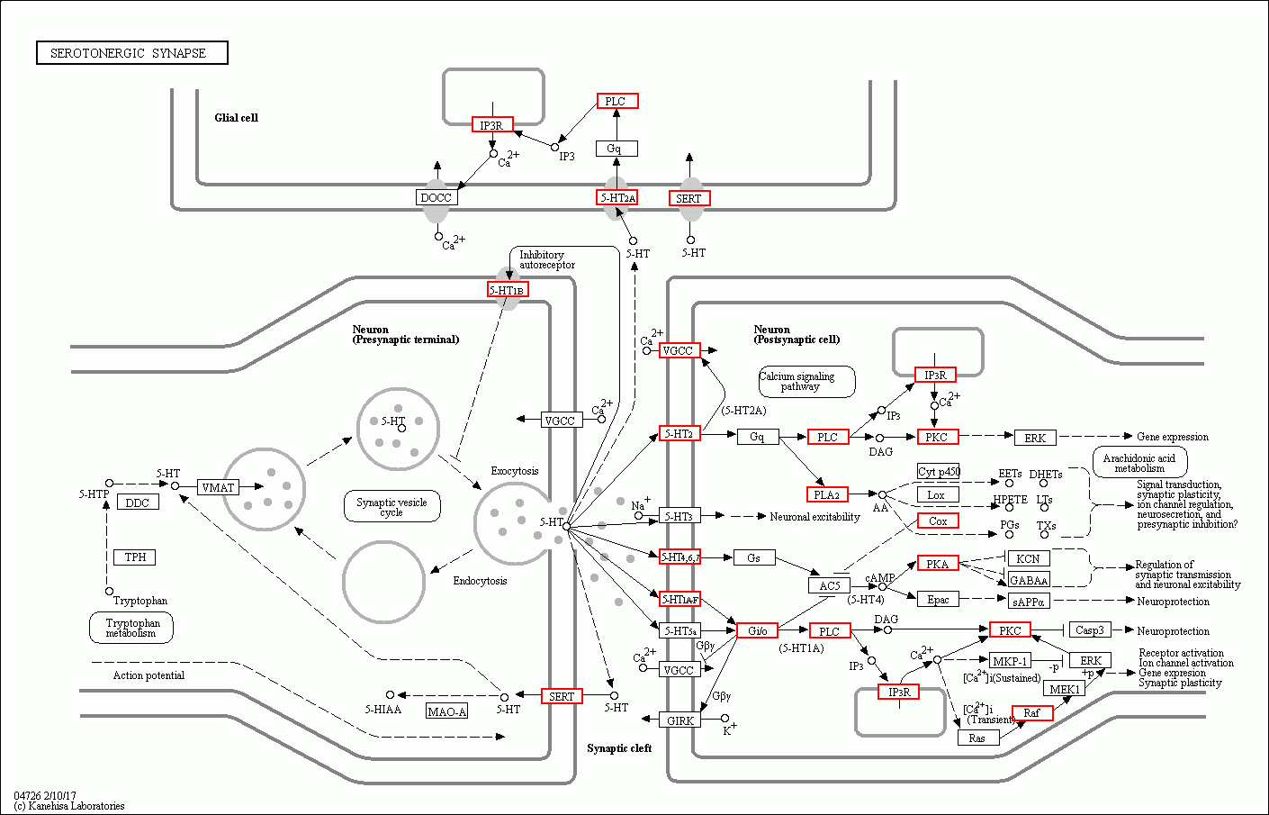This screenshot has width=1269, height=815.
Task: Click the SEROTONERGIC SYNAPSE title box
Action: coord(131,53)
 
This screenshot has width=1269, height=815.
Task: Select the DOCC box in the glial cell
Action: coord(436,198)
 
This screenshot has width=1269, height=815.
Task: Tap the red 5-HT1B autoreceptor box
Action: coord(508,290)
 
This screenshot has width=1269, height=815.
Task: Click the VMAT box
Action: coord(218,487)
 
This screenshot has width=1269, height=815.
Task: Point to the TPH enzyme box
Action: coord(135,557)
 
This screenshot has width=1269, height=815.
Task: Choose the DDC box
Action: coord(138,503)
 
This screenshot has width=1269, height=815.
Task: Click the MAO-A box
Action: coord(447,711)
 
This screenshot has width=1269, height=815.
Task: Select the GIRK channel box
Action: coord(680,720)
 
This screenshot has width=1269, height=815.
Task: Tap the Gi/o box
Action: coord(757,630)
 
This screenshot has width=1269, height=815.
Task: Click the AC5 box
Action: coord(829,585)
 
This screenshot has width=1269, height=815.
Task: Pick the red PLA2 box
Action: coord(826,494)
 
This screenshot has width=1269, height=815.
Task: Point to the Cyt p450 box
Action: coord(939,471)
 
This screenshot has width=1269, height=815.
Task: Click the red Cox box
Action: coord(938,521)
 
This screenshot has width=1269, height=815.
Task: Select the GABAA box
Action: coord(1028,581)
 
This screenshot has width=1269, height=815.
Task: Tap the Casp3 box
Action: coord(1089,630)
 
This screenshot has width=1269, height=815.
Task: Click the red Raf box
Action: coord(1031,712)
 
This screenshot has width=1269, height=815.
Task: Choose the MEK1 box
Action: coord(1065,689)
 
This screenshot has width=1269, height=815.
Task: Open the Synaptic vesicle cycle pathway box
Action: coord(391,507)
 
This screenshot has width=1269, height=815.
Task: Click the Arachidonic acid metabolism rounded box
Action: coord(1139,463)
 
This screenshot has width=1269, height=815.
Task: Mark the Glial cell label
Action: coord(236,118)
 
